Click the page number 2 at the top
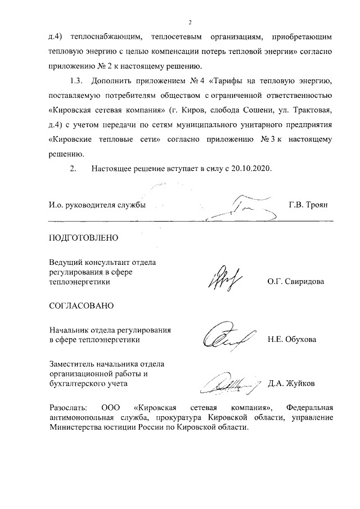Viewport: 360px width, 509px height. point(191,22)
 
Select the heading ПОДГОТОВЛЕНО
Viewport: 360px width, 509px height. point(84,237)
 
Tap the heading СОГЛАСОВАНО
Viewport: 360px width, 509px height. point(82,306)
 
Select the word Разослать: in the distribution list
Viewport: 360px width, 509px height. point(68,407)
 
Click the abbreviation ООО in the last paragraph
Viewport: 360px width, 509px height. point(110,407)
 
